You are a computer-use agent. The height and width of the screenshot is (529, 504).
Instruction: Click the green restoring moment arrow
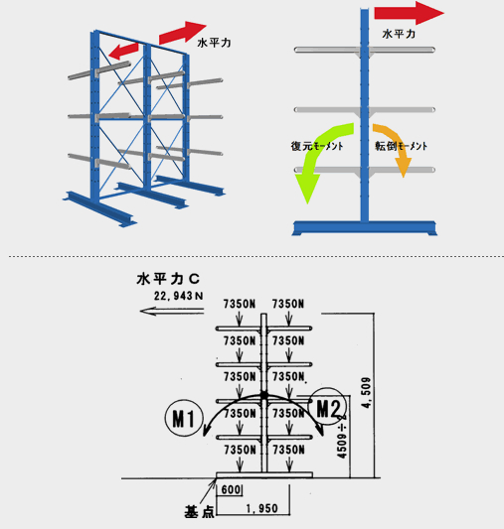tap(316, 152)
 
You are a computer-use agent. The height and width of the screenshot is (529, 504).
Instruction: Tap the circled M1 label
tap(184, 418)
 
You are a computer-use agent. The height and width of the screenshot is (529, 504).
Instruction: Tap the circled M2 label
tap(327, 407)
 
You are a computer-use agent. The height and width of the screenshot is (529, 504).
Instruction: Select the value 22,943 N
tap(178, 296)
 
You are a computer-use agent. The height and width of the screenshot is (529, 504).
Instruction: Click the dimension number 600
tap(231, 489)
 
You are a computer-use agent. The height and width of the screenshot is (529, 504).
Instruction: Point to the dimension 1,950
tap(261, 508)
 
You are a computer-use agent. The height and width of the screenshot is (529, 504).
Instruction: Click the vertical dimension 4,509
tap(366, 393)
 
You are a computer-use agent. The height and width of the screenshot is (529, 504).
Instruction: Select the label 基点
tap(199, 512)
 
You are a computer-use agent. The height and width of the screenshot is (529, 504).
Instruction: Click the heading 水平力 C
tap(168, 279)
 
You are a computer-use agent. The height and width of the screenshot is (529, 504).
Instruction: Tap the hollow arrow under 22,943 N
tap(172, 311)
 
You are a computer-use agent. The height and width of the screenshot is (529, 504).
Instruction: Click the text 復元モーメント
tap(317, 146)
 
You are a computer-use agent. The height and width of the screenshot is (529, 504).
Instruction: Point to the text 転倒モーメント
tap(401, 146)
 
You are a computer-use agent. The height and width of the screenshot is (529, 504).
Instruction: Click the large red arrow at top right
tap(410, 13)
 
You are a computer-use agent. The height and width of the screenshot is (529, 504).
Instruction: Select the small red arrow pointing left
tap(123, 52)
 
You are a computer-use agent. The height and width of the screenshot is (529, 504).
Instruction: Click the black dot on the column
tap(264, 395)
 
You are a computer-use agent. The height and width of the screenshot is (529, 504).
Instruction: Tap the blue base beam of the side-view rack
tap(364, 227)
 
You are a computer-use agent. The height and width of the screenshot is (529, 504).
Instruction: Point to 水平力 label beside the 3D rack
tap(214, 43)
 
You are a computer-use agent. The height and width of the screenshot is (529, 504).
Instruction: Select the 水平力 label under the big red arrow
tap(399, 34)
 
